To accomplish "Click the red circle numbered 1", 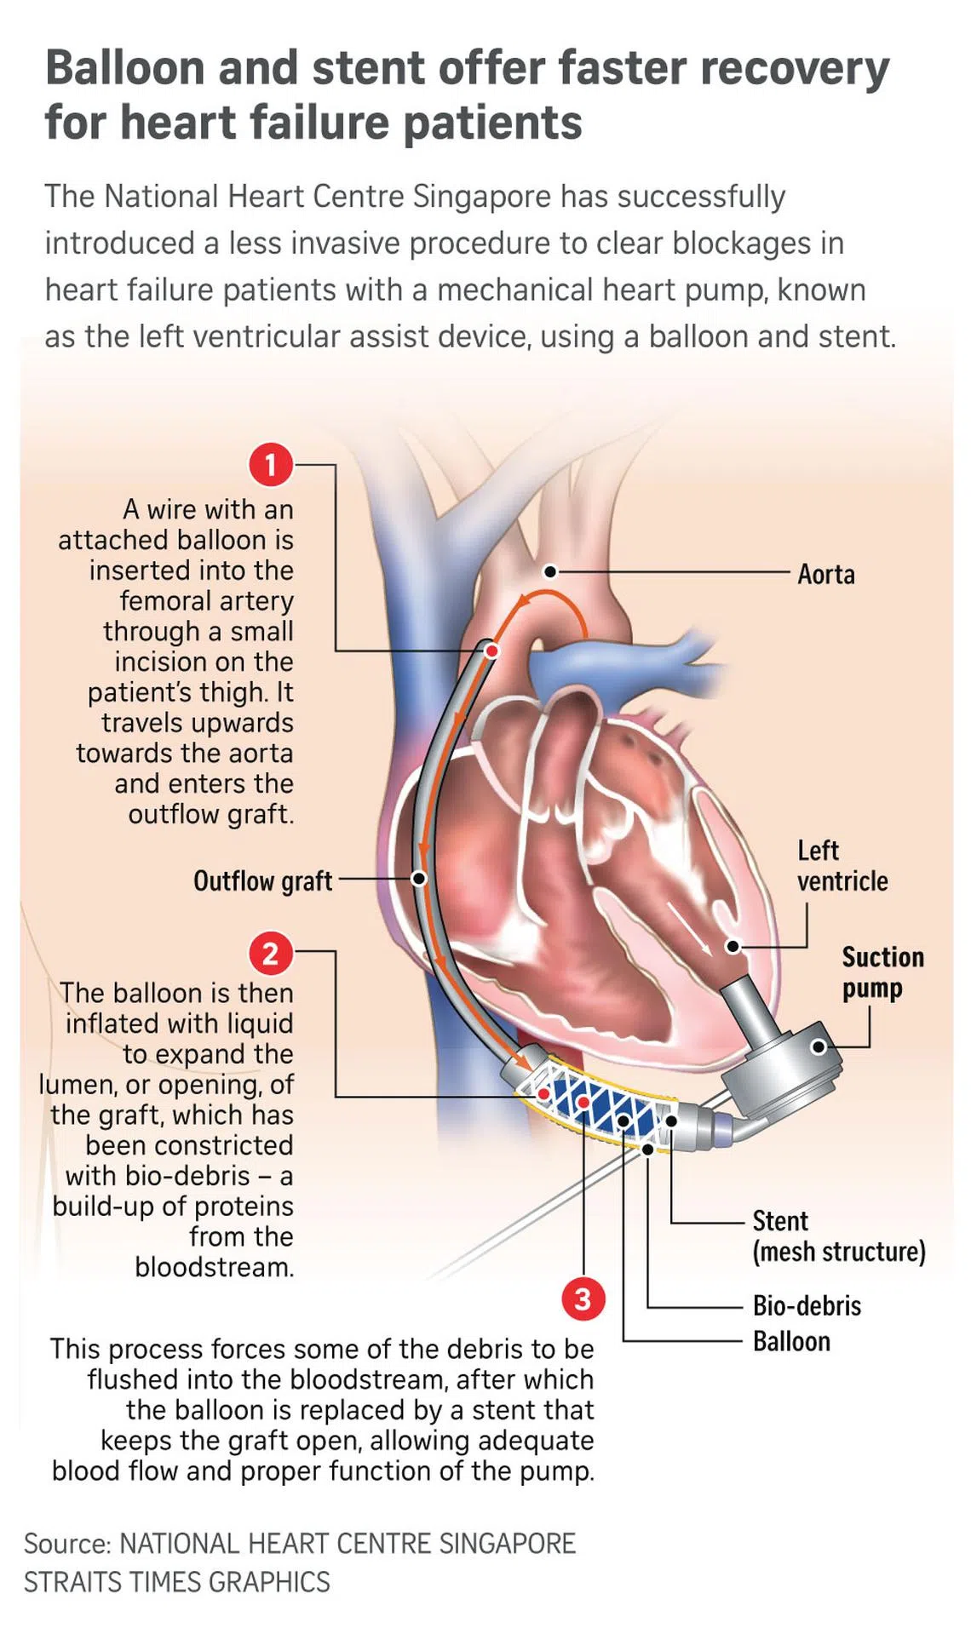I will [271, 465].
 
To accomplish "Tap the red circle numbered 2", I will [271, 953].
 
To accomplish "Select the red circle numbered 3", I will [583, 1299].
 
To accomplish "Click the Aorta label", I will [825, 574].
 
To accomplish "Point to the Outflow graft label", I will [262, 880].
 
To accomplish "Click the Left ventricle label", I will [842, 865].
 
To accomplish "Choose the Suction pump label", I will [882, 972].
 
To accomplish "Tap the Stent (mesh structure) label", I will [838, 1236].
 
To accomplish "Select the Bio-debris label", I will [807, 1305].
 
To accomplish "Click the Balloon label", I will [791, 1341].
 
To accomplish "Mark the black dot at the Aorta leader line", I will [551, 571].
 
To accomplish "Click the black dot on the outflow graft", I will [419, 878].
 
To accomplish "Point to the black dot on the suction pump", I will [818, 1046].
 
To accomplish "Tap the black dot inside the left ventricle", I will [733, 946].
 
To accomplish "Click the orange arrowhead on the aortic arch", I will [520, 602].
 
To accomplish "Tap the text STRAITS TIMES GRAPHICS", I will [176, 1581].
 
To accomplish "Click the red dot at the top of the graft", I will [491, 651].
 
